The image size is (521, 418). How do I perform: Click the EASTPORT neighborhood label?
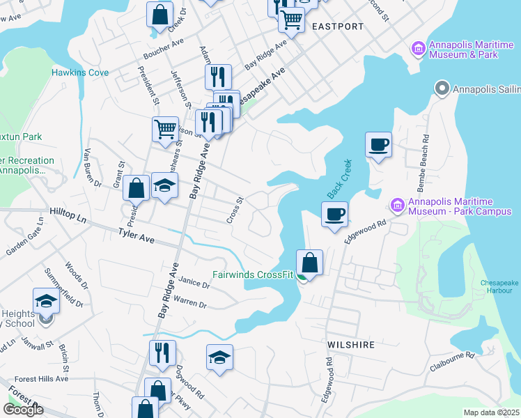point(338,26)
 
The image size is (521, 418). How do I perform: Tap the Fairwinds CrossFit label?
point(257,274)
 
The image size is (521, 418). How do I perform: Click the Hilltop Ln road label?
point(68,215)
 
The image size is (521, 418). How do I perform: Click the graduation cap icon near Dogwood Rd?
point(219,357)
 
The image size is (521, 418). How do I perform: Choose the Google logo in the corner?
point(23,410)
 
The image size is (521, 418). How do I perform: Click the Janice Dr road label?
point(194,284)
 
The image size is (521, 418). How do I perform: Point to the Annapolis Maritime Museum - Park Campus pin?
point(397,206)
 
